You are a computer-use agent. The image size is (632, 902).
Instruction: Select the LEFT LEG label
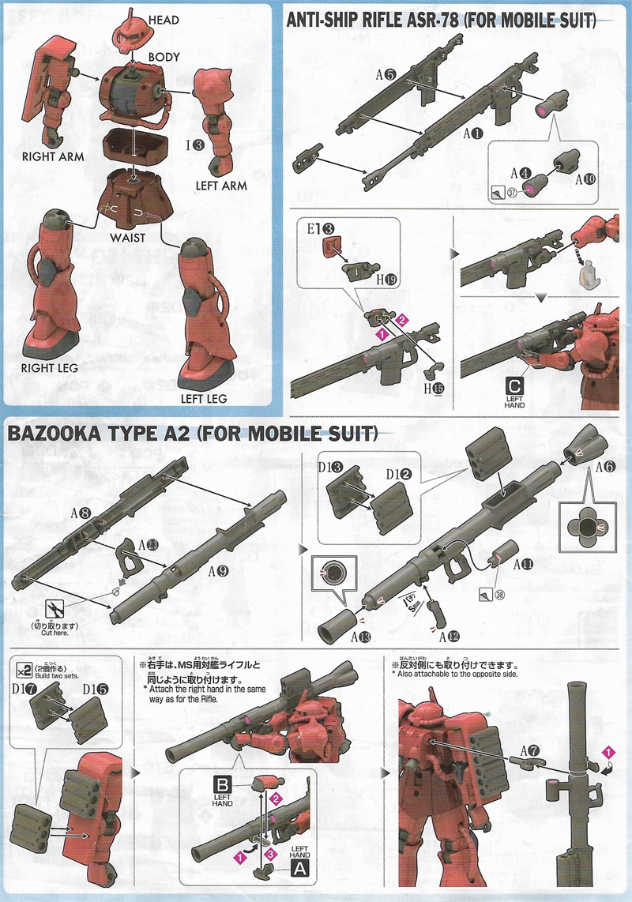tap(203, 398)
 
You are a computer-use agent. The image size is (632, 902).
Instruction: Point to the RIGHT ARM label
tap(48, 156)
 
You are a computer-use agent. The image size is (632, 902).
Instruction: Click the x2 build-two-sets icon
tap(21, 669)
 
